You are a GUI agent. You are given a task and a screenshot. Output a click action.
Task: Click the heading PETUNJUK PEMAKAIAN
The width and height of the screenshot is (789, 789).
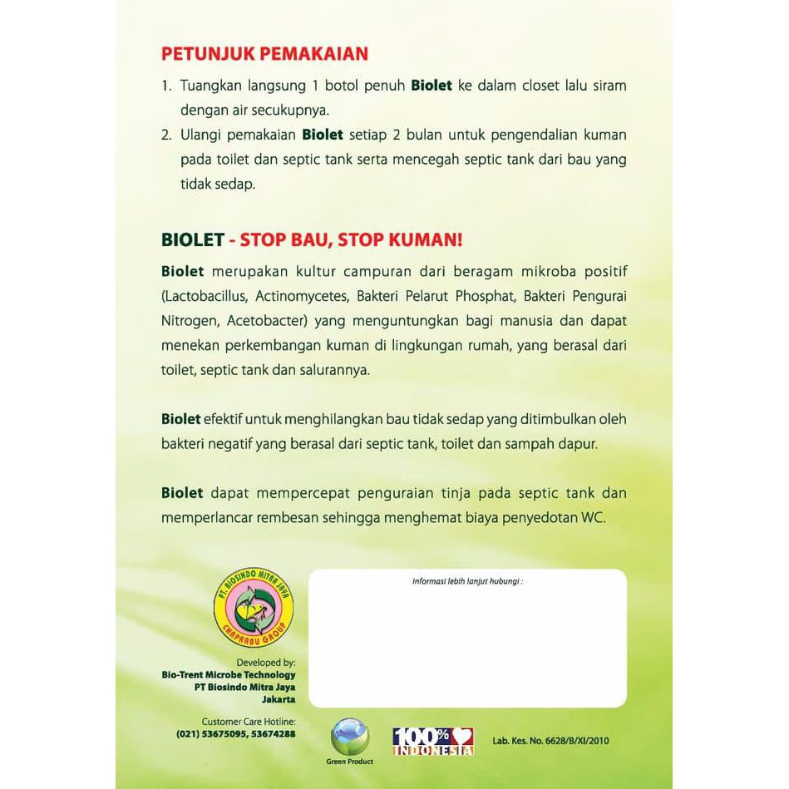tap(264, 55)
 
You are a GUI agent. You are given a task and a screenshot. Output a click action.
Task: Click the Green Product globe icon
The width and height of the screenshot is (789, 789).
tap(350, 735)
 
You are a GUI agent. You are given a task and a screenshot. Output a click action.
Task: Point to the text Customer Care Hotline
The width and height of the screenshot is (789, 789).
tap(249, 722)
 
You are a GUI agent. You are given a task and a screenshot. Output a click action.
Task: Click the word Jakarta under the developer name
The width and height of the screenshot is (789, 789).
tap(278, 700)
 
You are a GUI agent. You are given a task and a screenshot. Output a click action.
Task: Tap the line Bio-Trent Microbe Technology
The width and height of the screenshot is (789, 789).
tap(229, 675)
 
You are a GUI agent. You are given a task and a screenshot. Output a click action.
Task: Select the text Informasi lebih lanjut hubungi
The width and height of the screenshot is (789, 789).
tap(467, 581)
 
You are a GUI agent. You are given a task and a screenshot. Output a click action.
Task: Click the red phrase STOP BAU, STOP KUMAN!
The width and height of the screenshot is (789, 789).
tap(351, 240)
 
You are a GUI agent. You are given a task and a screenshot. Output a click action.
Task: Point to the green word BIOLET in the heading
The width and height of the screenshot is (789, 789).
tap(192, 240)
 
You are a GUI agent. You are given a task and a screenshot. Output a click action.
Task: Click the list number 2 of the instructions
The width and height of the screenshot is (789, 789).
tap(165, 135)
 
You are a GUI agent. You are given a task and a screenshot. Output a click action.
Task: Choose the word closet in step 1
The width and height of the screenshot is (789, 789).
tap(515, 86)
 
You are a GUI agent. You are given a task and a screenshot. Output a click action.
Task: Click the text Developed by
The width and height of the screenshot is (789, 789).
tap(266, 663)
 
